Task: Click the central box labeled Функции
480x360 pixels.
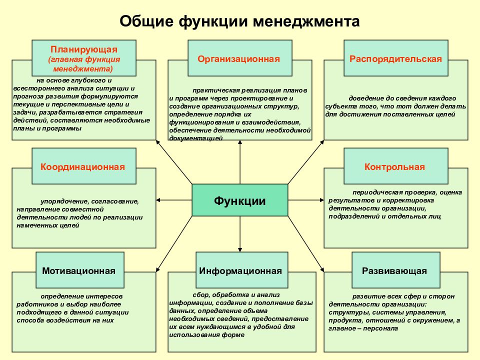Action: [x=239, y=200]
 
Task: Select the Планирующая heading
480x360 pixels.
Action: [x=84, y=49]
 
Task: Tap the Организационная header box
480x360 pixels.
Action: [x=239, y=58]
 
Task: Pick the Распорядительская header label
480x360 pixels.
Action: [x=396, y=59]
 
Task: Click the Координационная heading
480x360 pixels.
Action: [x=82, y=167]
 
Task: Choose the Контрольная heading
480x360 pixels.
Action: [x=394, y=167]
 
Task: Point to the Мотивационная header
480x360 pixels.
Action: [x=78, y=271]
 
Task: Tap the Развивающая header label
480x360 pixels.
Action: [x=394, y=271]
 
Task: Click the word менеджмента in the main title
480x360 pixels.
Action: [x=306, y=21]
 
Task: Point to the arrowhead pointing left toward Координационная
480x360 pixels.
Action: [x=158, y=200]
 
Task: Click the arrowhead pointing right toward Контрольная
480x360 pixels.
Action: [x=321, y=200]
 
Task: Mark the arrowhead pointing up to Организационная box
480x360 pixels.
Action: [x=240, y=142]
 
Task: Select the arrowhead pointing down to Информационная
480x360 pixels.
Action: [x=240, y=250]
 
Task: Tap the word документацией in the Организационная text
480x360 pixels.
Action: [x=196, y=138]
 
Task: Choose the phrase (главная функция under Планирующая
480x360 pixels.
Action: [x=84, y=59]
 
